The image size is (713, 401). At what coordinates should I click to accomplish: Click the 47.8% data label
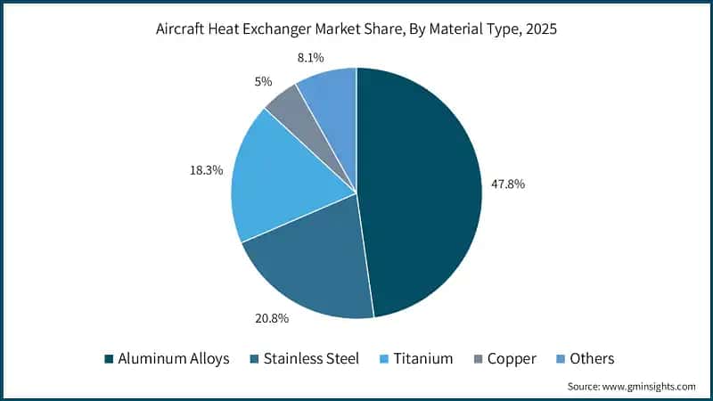508,184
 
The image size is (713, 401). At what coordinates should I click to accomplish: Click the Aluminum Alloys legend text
173,358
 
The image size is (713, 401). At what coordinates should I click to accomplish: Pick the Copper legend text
511,358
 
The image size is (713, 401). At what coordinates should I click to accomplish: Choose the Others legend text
592,358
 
